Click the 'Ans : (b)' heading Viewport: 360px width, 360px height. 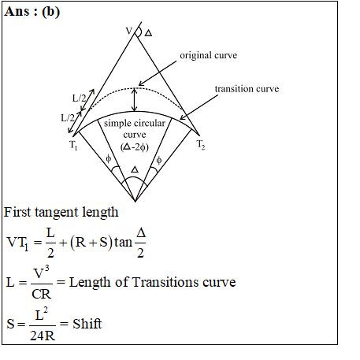pos(32,12)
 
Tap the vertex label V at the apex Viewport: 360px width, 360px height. pos(129,31)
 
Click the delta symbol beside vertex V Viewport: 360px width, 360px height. pos(148,33)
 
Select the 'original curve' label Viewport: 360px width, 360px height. pos(209,55)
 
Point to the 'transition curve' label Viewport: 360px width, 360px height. pos(247,89)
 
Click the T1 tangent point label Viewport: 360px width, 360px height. pos(73,145)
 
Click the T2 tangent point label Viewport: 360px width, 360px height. pos(201,145)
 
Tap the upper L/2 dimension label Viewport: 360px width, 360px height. pos(79,98)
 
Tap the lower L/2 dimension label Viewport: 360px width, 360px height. pos(68,117)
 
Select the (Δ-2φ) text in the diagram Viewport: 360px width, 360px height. pos(135,147)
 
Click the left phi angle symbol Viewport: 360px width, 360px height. pos(108,158)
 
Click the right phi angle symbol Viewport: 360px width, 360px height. pos(159,160)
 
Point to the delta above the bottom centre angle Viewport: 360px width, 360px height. pos(135,169)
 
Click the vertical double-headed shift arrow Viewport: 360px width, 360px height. pos(134,100)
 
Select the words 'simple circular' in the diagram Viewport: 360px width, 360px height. pos(135,124)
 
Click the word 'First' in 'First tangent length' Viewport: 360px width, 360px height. pos(17,212)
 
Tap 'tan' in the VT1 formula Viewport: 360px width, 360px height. pos(123,242)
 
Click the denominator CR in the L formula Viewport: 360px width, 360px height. pos(42,294)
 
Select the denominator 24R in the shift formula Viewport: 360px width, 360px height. pos(43,336)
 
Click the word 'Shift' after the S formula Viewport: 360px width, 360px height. pos(87,324)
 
